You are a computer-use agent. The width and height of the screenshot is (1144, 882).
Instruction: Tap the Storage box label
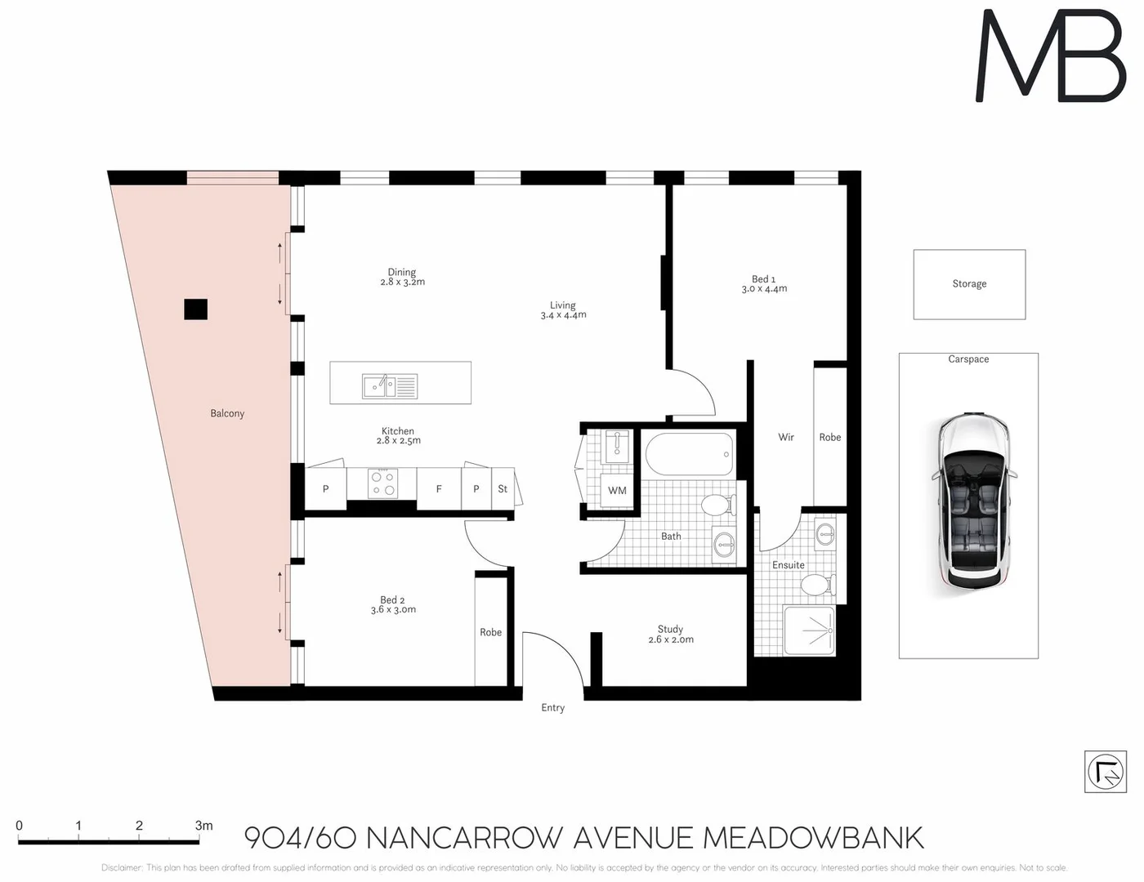tap(969, 284)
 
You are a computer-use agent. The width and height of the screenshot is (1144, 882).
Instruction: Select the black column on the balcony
tap(195, 309)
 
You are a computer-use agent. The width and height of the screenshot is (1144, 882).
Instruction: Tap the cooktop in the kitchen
tap(383, 483)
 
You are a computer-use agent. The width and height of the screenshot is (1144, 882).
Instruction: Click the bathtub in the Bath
tap(689, 454)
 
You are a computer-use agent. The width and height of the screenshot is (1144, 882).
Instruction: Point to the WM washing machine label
tap(617, 491)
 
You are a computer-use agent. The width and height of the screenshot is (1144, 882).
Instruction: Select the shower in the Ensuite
tap(809, 630)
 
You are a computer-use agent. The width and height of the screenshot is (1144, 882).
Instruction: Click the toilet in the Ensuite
tap(815, 585)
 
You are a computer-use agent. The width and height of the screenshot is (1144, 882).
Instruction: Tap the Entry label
tap(552, 708)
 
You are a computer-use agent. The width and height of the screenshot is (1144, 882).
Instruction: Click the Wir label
tap(786, 438)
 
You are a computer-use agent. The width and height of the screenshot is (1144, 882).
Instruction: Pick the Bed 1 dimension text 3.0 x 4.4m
tap(764, 289)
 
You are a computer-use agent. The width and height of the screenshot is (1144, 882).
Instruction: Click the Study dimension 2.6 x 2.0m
tap(670, 639)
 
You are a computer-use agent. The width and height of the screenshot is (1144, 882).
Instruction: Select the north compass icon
tap(1105, 771)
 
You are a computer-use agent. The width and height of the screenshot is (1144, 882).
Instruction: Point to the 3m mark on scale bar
tap(203, 826)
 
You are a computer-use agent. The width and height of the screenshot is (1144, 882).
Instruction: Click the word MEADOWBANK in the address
tap(812, 839)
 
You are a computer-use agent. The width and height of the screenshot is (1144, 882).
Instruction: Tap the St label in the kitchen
tap(503, 489)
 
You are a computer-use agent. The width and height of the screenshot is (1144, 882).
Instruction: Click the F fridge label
tap(439, 489)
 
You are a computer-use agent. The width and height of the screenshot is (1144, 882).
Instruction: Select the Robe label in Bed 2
tap(490, 632)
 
